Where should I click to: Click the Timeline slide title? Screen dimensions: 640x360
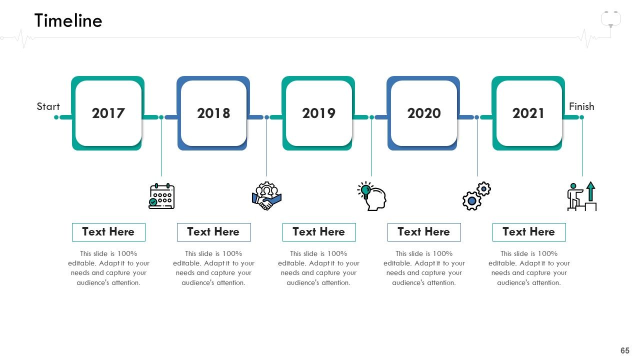click(68, 20)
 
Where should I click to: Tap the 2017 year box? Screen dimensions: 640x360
click(107, 113)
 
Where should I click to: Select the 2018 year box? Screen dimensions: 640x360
click(213, 113)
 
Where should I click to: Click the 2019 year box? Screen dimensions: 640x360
click(318, 113)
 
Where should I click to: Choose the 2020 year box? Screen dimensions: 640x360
click(423, 113)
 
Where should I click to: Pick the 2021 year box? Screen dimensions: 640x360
click(528, 113)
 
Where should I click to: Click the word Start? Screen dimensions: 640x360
click(48, 106)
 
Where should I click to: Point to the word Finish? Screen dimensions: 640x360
click(581, 106)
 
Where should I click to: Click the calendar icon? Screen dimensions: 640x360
click(161, 196)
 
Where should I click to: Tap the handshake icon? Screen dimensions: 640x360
click(266, 196)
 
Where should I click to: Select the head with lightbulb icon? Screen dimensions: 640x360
click(371, 196)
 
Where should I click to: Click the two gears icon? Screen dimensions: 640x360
click(477, 196)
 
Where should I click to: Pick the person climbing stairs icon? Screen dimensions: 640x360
click(582, 196)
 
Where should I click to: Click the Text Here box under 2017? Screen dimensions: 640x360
click(108, 232)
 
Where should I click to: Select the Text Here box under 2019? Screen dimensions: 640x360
click(319, 232)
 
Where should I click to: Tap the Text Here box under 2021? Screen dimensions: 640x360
click(529, 232)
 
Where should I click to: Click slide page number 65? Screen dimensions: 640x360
click(625, 350)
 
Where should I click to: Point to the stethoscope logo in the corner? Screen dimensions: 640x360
click(611, 19)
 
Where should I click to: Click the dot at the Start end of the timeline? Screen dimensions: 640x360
click(56, 117)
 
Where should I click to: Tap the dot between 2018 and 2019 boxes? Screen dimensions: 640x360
click(266, 117)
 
